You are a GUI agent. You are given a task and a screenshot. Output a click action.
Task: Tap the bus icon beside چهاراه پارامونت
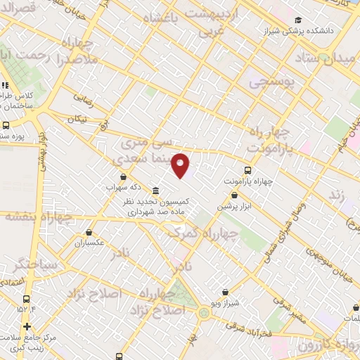coord(247,169)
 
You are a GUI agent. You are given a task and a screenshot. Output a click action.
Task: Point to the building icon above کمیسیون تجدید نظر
coord(155,191)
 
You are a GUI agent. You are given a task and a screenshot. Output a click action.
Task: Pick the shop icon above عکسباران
coord(89,232)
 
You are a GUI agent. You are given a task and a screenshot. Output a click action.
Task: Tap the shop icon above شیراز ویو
coord(224,291)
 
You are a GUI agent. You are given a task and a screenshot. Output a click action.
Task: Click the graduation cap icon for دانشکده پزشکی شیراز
coord(299,20)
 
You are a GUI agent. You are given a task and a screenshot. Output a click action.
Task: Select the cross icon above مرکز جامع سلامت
coord(27,326)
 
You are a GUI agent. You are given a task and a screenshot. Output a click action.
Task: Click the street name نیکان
coord(79,120)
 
